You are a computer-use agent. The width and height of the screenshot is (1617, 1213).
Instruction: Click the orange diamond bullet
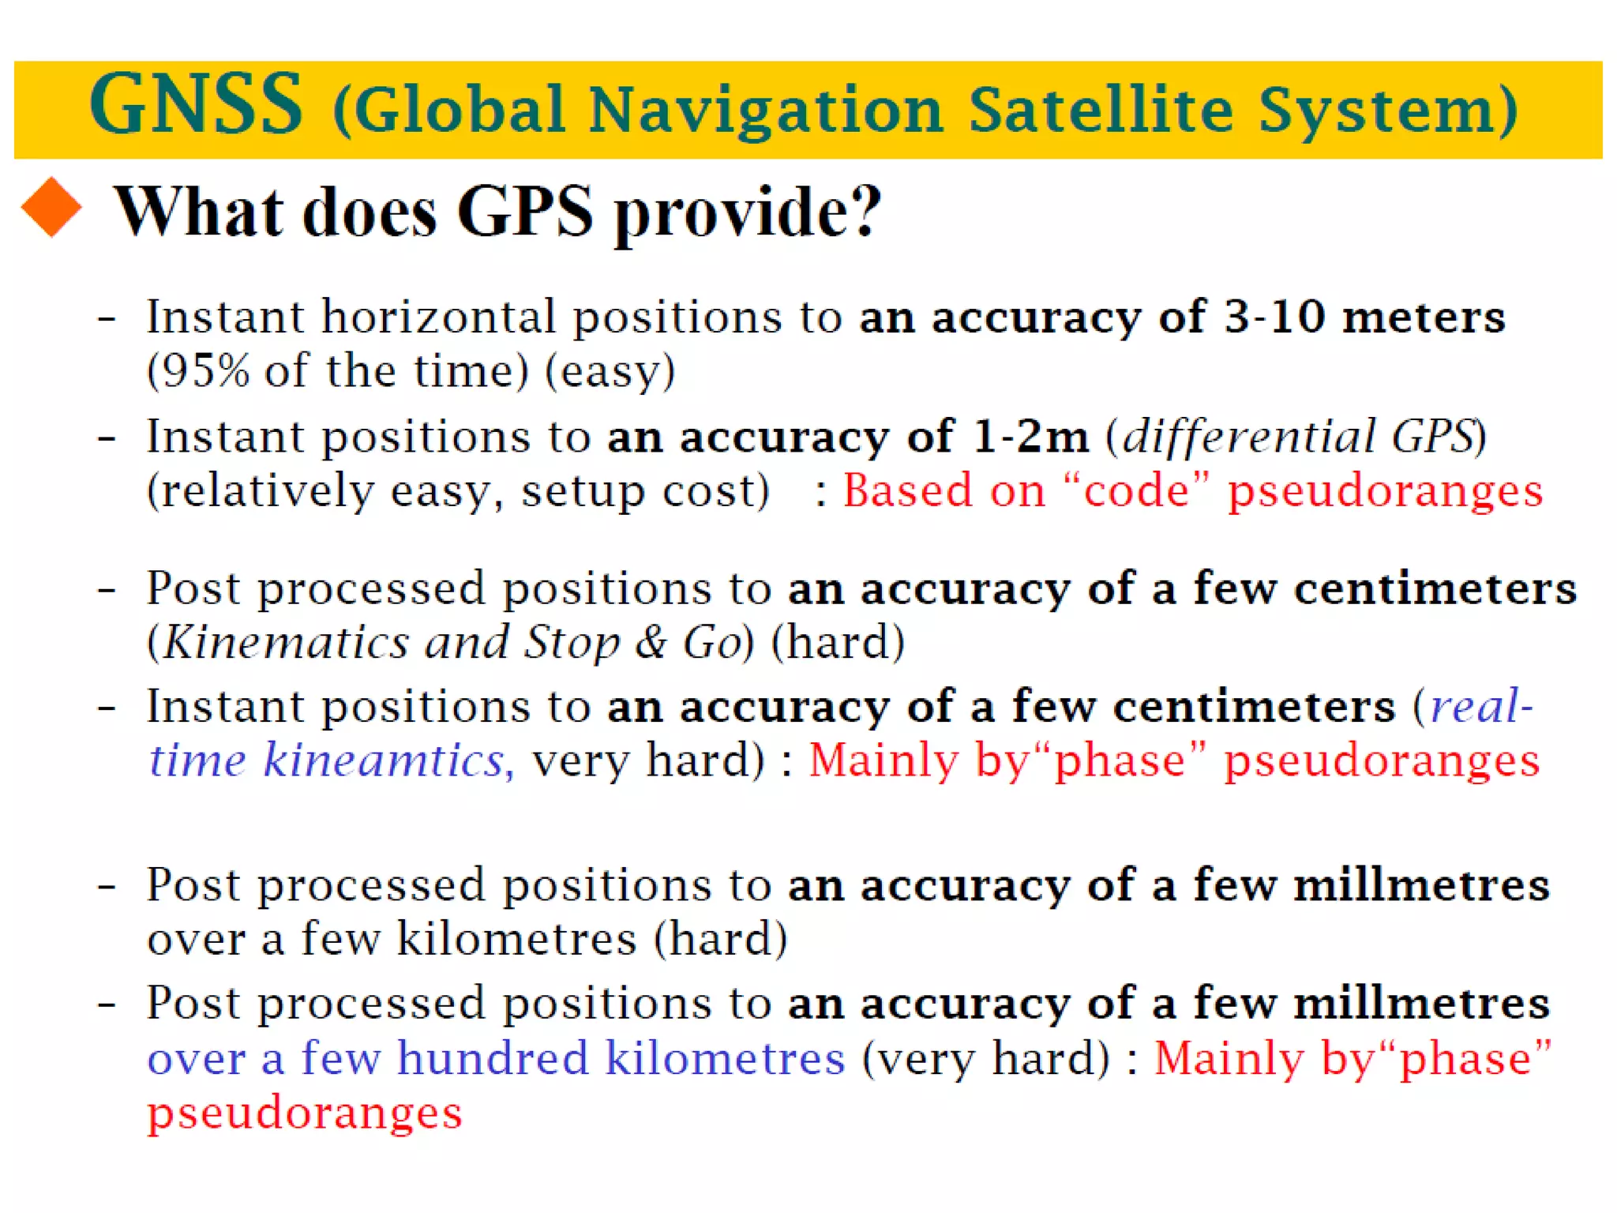[x=51, y=207]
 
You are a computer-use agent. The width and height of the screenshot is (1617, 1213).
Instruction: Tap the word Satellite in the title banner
[x=1101, y=110]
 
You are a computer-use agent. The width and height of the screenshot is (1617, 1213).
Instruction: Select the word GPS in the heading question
[x=524, y=212]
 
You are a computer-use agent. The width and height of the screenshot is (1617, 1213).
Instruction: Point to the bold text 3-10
[x=1274, y=317]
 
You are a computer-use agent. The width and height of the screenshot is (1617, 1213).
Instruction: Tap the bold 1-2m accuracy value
[x=1030, y=437]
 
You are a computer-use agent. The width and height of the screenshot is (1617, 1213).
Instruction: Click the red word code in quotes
[x=1136, y=490]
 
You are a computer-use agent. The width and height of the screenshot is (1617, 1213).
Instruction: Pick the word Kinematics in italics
[x=285, y=642]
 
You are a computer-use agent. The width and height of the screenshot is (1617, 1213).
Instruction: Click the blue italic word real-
[x=1480, y=706]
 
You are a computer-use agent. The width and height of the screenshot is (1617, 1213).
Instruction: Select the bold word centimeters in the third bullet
[x=1435, y=589]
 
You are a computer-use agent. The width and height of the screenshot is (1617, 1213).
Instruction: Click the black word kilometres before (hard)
[x=516, y=939]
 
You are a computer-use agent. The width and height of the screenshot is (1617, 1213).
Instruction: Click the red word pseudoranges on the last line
[x=304, y=1113]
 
